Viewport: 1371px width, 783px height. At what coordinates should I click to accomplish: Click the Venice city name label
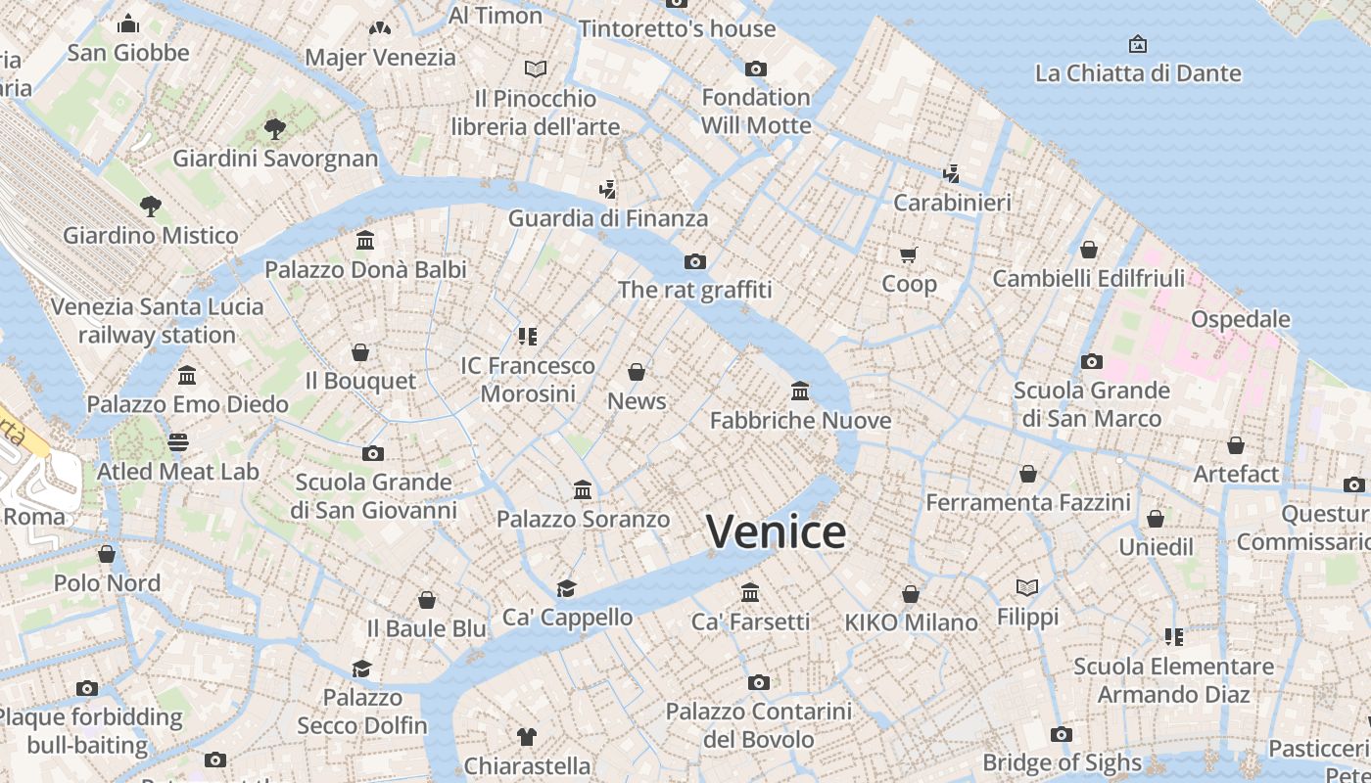pos(776,531)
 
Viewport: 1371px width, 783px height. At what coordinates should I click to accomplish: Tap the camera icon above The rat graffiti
pos(695,261)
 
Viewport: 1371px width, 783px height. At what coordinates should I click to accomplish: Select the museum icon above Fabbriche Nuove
pos(800,391)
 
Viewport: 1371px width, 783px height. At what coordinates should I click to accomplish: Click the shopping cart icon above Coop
pos(909,255)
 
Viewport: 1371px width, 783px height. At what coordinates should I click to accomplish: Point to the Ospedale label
pos(1240,319)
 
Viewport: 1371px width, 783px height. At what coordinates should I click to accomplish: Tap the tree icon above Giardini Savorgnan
pos(275,128)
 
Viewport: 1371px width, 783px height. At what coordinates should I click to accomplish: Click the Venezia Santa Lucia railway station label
pos(157,320)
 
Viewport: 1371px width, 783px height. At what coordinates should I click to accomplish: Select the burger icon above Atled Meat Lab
pos(177,442)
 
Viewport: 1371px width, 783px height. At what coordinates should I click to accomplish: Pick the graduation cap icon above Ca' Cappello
pos(566,588)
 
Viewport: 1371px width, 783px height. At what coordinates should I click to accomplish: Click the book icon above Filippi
pos(1027,587)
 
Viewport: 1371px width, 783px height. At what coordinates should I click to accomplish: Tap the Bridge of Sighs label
pos(1062,762)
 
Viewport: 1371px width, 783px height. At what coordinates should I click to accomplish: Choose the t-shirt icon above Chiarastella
pos(527,736)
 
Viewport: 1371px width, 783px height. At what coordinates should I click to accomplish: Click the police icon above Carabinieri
pos(951,173)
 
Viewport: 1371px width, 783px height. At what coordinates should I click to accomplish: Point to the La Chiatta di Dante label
pos(1138,73)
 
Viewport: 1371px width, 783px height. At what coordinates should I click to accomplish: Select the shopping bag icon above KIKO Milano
pos(911,594)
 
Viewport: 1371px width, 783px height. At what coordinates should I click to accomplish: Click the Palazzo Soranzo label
pos(583,519)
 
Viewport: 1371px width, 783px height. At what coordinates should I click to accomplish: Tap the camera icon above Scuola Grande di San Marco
pos(1092,361)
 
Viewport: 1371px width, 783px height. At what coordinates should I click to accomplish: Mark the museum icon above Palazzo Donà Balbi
pos(365,240)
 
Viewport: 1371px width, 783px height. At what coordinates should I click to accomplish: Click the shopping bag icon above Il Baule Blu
pos(427,599)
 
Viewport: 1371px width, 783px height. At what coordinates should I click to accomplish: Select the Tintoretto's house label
pos(677,28)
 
